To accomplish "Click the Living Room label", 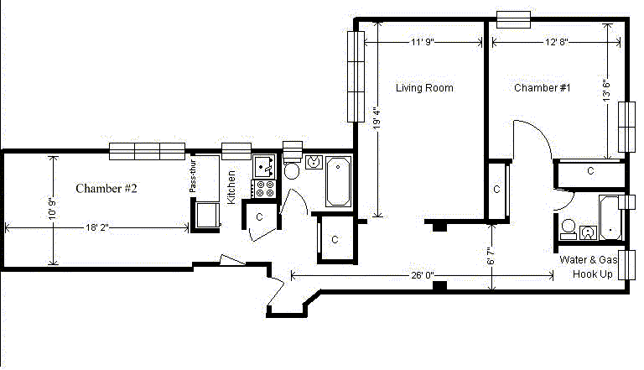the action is point(424,88).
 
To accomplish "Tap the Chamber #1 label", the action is point(543,88).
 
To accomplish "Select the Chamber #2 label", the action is point(106,189).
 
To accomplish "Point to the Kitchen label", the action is point(231,187).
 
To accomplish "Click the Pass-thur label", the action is point(192,176).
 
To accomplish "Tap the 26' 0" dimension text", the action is point(423,275).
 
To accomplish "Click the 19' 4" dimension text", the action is point(377,118).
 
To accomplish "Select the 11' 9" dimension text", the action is point(423,42).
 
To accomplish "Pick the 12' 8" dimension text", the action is point(557,42).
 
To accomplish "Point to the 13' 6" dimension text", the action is point(606,89).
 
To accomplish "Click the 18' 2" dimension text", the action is point(97,227).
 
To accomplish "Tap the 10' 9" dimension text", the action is point(52,209).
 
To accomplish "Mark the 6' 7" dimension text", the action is point(491,256).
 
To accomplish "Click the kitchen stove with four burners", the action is point(265,189).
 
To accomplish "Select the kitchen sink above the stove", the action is point(264,166).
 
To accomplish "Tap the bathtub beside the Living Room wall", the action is point(338,181).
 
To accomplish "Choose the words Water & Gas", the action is point(588,260).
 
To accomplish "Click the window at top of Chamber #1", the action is point(513,19).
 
